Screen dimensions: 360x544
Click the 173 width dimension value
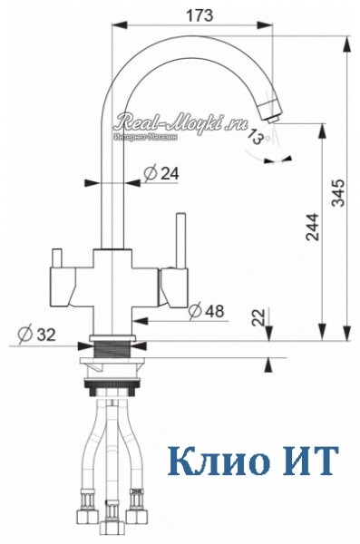click(x=199, y=15)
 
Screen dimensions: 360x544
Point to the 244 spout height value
click(x=312, y=227)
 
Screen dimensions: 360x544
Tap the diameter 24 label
click(x=161, y=173)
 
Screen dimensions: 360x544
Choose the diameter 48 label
click(x=207, y=311)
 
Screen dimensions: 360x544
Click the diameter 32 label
click(x=37, y=335)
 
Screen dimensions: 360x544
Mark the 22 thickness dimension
click(x=258, y=317)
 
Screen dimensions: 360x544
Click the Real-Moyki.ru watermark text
click(x=182, y=121)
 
